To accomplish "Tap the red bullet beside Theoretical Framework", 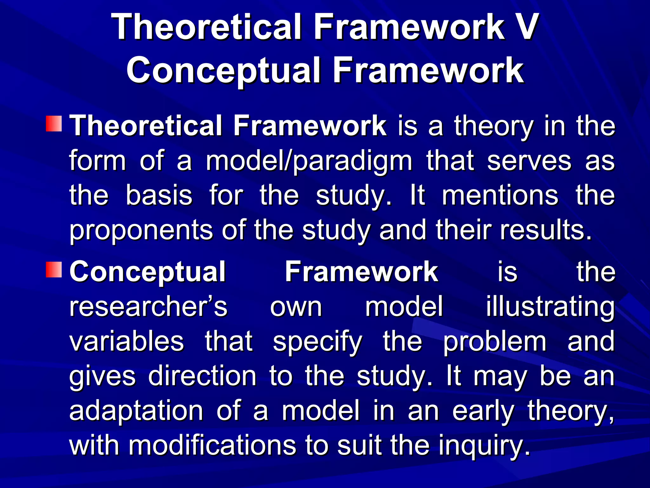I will coord(54,124).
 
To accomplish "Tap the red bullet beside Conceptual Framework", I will coord(54,270).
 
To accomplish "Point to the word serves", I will coord(529,161).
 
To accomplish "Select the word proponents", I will coord(141,231).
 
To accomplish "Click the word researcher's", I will coord(148,307).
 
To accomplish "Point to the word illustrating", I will coord(550,308).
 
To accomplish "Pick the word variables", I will coord(127,341).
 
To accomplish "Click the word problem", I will coord(495,342).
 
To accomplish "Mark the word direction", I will coord(202,376).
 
